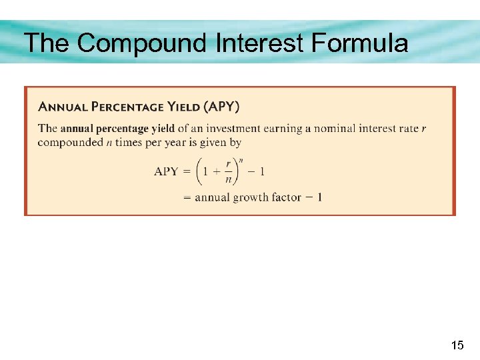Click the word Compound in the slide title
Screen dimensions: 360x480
[x=143, y=43]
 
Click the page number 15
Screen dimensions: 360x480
[x=457, y=345]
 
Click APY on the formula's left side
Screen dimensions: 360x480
[x=166, y=171]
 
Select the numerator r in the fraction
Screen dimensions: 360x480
[x=229, y=163]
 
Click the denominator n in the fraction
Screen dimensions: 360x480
[x=229, y=180]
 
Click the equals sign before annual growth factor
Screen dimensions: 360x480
[x=187, y=197]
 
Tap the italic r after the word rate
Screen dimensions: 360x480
[x=424, y=128]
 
